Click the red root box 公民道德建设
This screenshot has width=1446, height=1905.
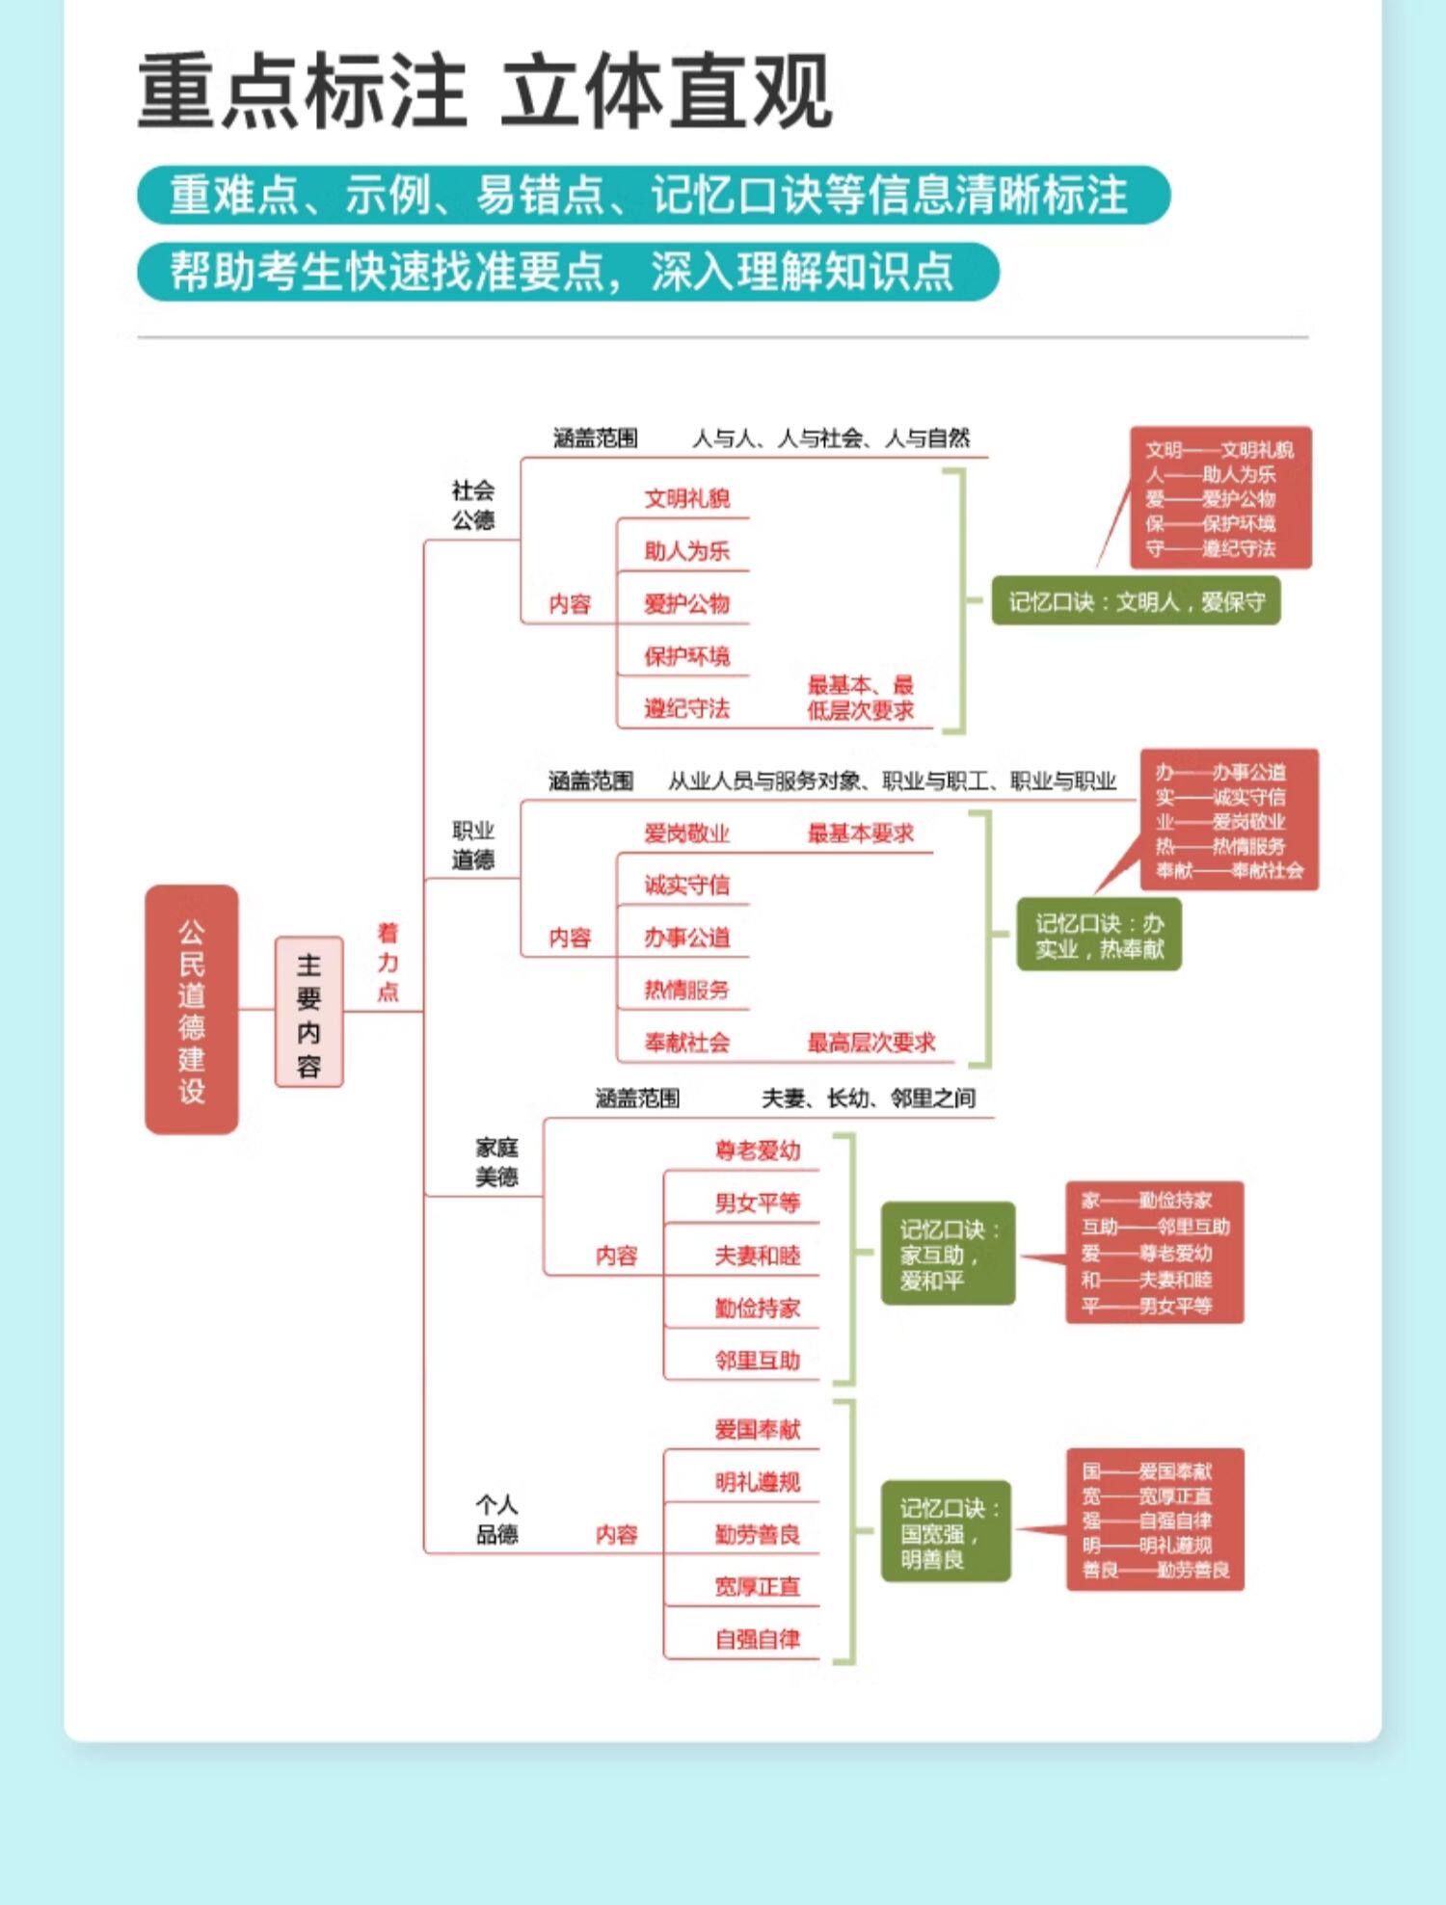(191, 1009)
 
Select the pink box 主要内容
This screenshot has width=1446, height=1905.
(308, 1012)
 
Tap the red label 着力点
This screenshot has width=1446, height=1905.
(388, 962)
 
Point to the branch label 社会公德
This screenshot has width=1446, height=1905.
(472, 505)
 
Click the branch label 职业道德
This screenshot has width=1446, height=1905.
(472, 845)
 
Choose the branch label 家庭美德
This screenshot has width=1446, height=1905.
(496, 1161)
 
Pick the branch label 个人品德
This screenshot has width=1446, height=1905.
(496, 1519)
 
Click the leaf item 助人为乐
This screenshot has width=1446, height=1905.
(686, 551)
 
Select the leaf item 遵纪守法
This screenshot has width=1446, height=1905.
(686, 709)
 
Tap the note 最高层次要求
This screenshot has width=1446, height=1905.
(870, 1042)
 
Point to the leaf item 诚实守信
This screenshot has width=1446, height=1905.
(686, 885)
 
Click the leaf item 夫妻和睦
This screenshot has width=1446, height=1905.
(757, 1256)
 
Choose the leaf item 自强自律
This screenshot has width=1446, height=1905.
(757, 1639)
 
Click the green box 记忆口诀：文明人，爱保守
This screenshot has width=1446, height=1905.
(1136, 601)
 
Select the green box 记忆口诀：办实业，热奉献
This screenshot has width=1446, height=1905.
(1099, 935)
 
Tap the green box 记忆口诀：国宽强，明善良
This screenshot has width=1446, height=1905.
(946, 1532)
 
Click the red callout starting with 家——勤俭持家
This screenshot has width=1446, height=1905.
(1154, 1253)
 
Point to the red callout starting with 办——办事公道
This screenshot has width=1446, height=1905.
(1228, 821)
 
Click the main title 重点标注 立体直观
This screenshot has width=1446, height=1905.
(484, 92)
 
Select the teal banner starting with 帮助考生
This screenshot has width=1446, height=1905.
(567, 272)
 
